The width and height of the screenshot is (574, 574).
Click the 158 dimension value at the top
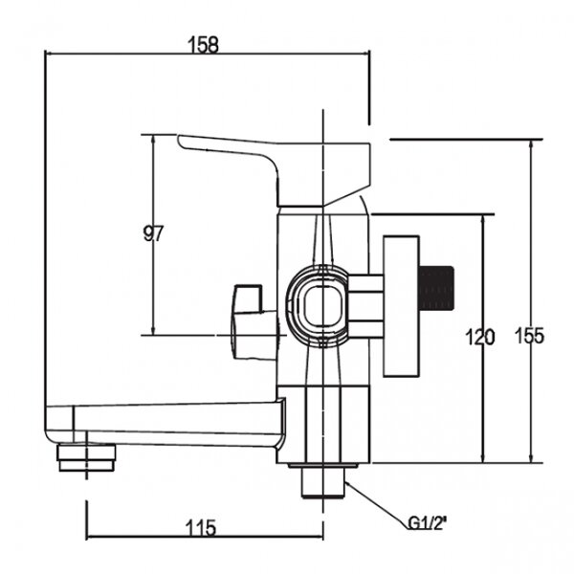203,45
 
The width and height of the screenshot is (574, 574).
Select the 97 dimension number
153,233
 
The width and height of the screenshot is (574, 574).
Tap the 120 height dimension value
480,337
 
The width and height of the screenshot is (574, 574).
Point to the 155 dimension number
530,336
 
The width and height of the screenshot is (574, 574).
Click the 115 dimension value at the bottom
201,528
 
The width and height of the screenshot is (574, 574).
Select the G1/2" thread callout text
428,524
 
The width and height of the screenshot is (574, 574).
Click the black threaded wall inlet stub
436,288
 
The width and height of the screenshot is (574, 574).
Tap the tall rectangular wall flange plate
401,306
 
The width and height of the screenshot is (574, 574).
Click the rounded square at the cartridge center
323,306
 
